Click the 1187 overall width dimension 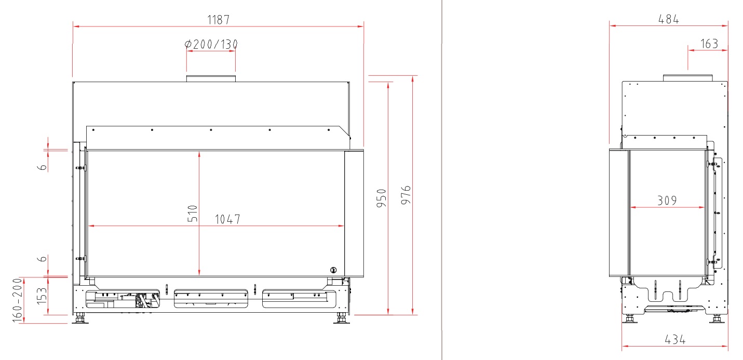point(218,20)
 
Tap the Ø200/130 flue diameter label point(211,44)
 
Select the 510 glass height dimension point(193,214)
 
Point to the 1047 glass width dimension point(227,219)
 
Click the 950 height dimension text point(382,198)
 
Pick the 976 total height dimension point(406,195)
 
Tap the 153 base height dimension point(42,296)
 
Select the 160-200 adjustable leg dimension point(17,300)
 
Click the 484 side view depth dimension point(668,19)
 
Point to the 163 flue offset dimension point(709,44)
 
